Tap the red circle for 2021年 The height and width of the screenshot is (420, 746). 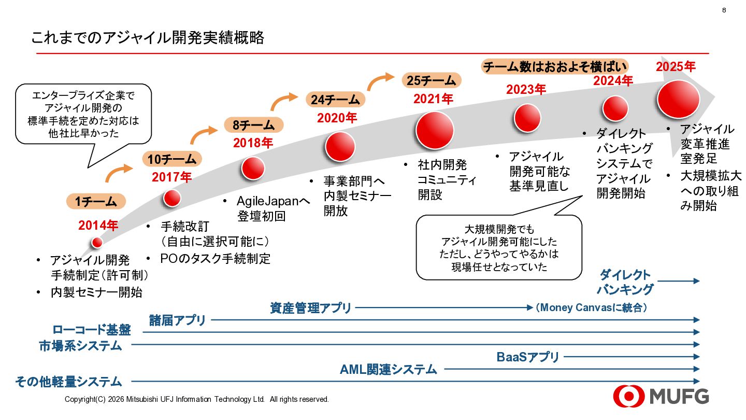click(x=434, y=130)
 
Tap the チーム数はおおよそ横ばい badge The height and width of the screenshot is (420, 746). click(x=554, y=67)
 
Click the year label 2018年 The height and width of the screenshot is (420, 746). click(x=253, y=143)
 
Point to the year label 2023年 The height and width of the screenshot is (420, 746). click(x=526, y=89)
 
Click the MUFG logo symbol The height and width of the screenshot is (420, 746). click(x=627, y=397)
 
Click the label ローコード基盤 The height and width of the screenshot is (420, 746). click(x=92, y=330)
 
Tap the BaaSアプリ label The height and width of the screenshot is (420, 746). click(x=528, y=357)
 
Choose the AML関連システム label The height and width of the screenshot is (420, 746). click(x=389, y=370)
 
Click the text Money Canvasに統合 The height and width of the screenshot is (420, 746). click(x=591, y=307)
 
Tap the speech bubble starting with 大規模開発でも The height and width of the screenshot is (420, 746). click(x=499, y=248)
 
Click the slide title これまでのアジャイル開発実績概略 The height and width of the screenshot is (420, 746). click(x=148, y=38)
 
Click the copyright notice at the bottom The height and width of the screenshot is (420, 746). click(x=197, y=399)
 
